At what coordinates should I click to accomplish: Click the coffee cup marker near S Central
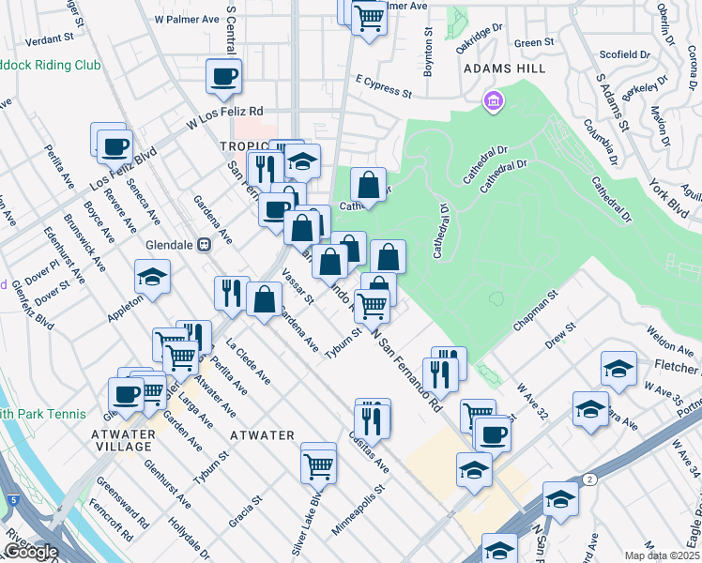pos(224,77)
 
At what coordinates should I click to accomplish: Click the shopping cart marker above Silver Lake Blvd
pos(319,464)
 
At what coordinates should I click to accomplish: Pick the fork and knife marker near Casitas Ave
pos(373,418)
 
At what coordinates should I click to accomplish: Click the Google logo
pos(30,552)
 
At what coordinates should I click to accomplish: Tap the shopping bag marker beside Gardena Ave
pos(266,300)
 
